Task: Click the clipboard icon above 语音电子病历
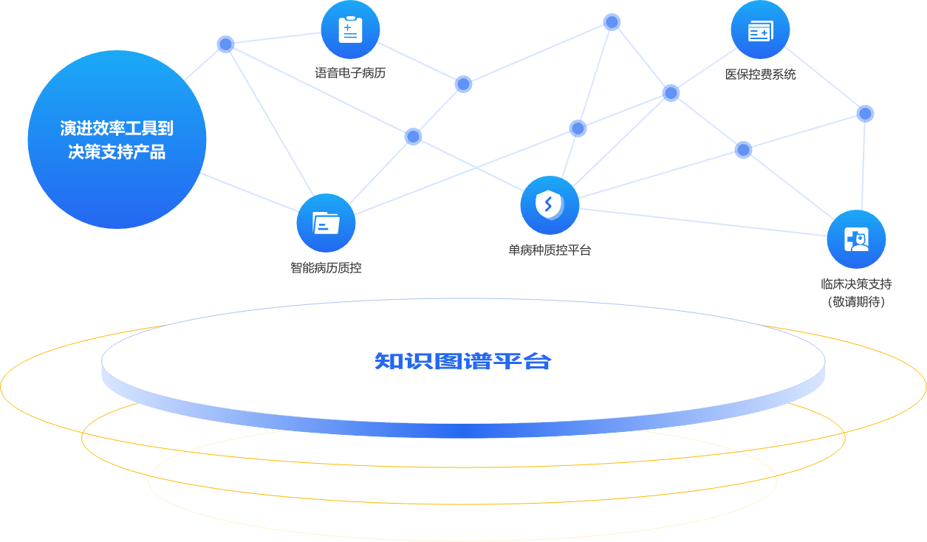350,30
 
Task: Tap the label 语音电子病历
350,73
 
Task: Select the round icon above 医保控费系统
760,30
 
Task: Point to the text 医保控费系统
760,74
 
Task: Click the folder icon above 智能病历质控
326,222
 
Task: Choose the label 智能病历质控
326,267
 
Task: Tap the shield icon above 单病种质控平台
549,205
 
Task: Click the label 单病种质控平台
549,250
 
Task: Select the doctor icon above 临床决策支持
856,239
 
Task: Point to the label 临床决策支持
856,284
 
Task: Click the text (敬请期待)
856,301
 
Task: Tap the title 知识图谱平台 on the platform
463,362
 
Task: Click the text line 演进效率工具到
117,128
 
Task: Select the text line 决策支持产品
117,153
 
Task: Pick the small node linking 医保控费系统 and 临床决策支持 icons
865,114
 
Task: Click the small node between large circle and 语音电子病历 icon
225,44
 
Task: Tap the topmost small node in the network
612,22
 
